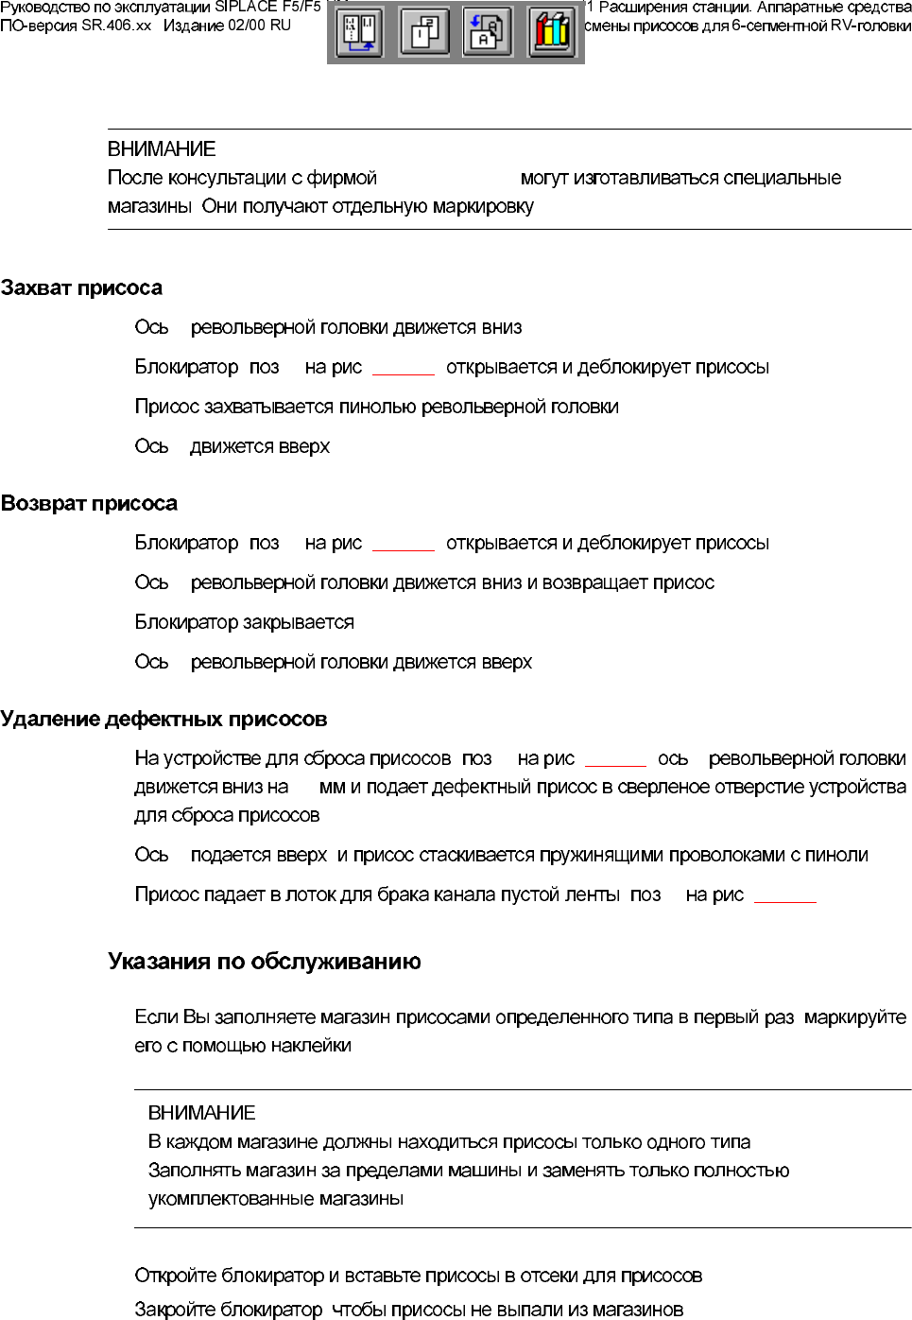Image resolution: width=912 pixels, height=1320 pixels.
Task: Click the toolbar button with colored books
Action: pos(551,33)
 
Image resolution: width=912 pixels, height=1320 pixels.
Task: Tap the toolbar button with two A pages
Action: pos(488,33)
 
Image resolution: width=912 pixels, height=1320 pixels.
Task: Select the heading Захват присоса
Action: pos(81,287)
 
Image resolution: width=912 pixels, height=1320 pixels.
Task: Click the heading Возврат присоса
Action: pos(89,503)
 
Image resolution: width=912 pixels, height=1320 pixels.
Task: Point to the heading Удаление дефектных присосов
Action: pos(163,719)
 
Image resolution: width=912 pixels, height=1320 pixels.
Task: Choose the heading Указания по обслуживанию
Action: pos(265,962)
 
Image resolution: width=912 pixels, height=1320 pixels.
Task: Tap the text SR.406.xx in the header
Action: pos(116,26)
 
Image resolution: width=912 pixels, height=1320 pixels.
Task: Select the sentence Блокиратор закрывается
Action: pos(244,622)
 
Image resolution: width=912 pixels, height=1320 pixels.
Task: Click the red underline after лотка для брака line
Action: pos(784,901)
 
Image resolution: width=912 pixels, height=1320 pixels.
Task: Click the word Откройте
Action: pos(176,1276)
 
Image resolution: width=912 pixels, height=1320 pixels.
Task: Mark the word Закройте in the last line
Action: pos(176,1310)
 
